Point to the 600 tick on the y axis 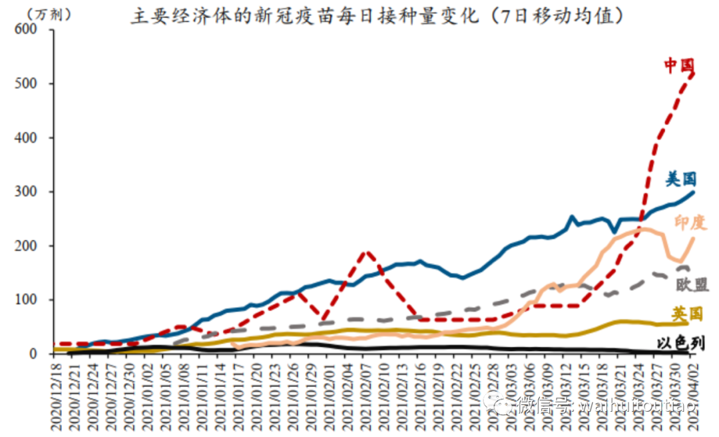24,30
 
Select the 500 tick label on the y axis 24,84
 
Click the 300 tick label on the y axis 24,192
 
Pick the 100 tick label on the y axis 24,300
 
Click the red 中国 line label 680,65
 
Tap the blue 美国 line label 681,179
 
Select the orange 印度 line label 690,222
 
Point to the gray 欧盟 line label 692,285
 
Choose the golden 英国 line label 687,314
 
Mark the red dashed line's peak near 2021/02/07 366,252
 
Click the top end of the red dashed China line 694,73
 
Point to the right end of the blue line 694,192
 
